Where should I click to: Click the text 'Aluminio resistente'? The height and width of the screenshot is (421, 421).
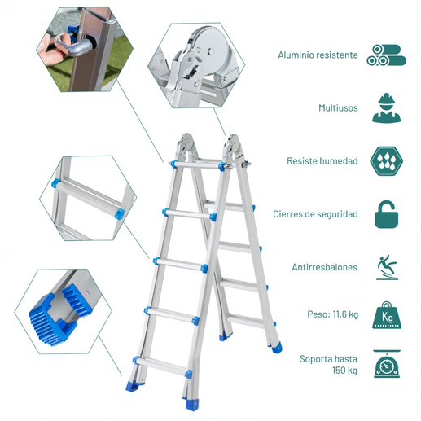pos(318,55)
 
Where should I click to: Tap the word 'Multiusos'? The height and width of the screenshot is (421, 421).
pos(338,108)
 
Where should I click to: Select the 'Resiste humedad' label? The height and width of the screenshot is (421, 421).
pos(322,161)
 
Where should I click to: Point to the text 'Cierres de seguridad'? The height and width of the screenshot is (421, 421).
pos(315,214)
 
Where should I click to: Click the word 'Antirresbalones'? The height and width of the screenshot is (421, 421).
pos(324,267)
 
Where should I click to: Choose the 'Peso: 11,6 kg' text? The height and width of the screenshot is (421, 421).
pos(332,314)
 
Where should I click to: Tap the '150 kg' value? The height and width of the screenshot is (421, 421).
pos(344,371)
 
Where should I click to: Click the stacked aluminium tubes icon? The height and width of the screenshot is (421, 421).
pos(386,55)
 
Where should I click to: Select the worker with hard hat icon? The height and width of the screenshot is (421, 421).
pos(386,108)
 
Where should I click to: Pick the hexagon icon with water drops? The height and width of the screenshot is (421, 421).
pos(386,161)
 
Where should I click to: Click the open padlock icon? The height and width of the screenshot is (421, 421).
pos(386,214)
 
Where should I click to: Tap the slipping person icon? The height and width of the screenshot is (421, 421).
pos(387,267)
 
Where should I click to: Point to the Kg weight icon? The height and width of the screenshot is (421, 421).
pos(387,315)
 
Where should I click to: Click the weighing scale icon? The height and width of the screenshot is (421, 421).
pos(387,364)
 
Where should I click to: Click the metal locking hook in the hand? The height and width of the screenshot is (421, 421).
pos(74,44)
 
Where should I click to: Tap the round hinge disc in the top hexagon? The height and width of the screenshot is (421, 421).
pos(210,51)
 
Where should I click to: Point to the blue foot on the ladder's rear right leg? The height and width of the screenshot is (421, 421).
pos(277,348)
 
